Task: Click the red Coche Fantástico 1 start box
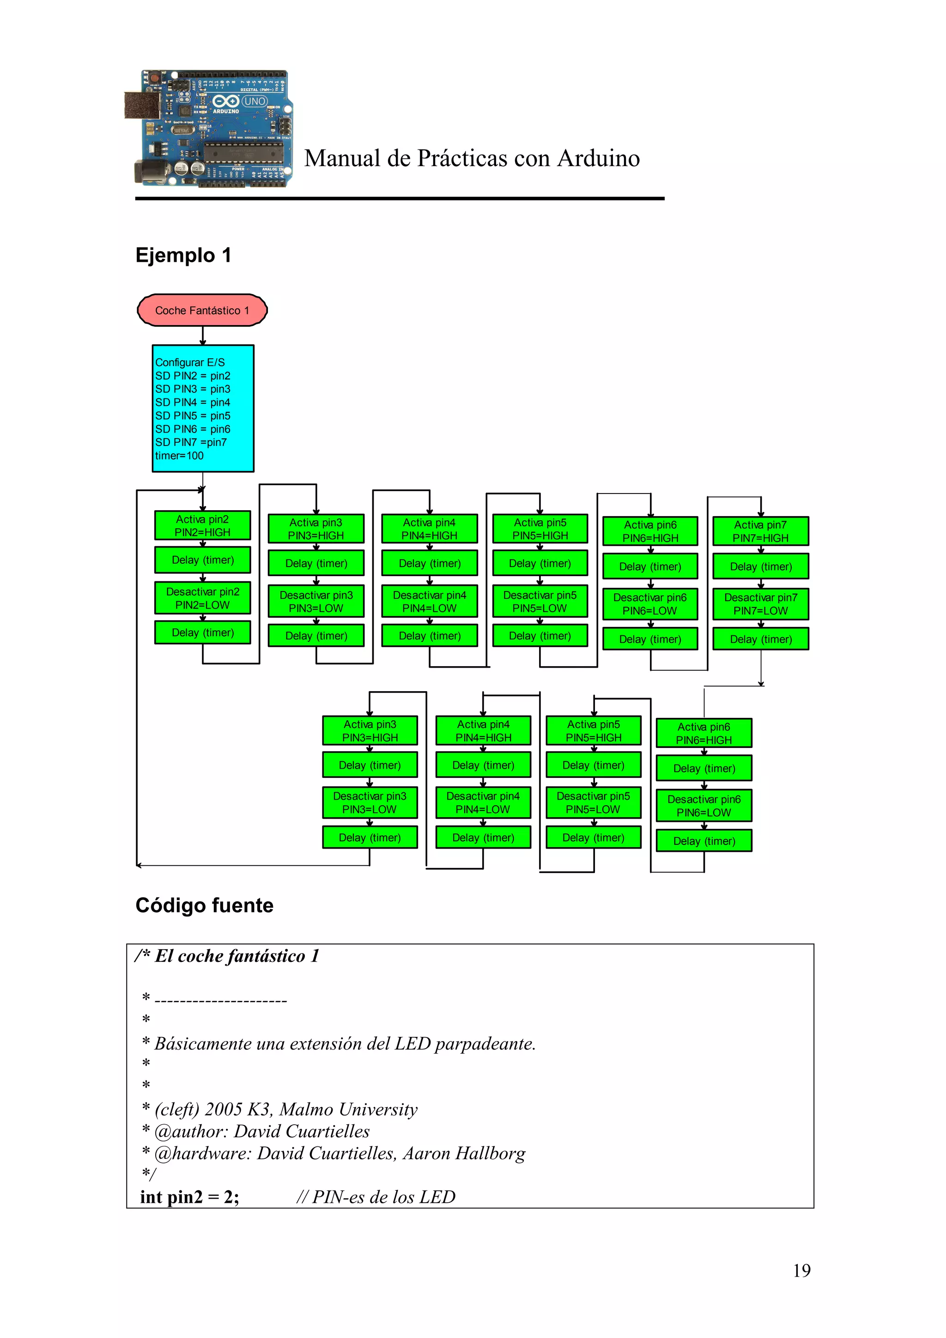tap(202, 310)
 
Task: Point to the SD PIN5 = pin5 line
tap(192, 416)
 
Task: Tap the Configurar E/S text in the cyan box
tap(189, 362)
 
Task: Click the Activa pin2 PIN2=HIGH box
tap(202, 525)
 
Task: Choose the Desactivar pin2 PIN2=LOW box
tap(202, 598)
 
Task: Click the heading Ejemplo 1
tap(183, 255)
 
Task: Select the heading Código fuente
tap(204, 905)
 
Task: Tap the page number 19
tap(801, 1271)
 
